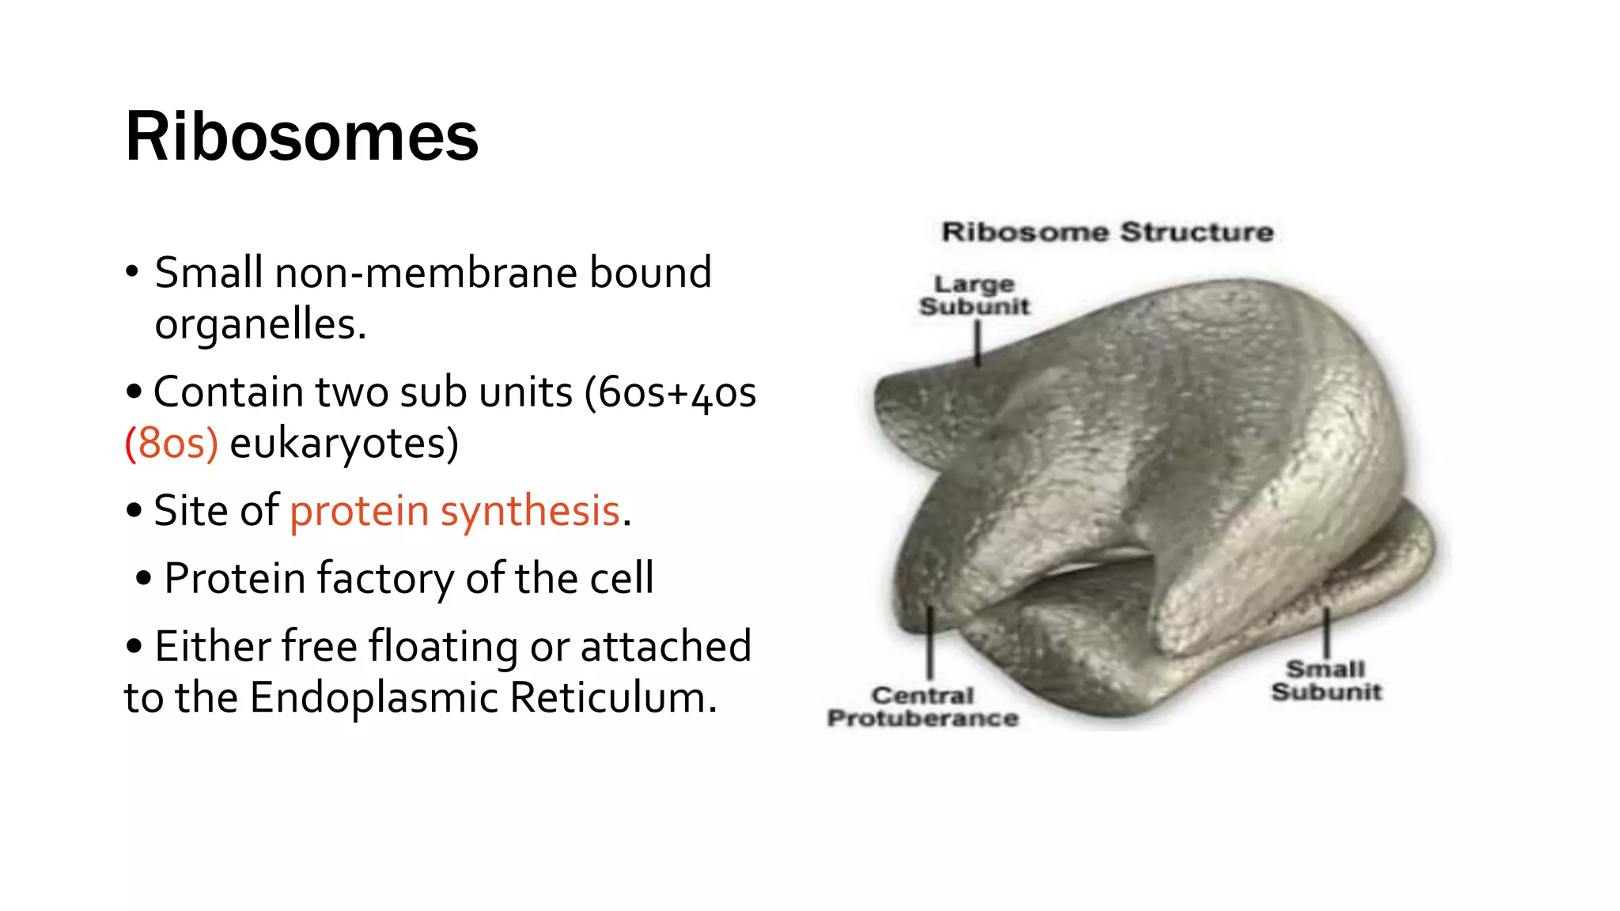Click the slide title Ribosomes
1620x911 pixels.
coord(301,137)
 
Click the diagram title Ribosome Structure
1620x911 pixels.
coord(1107,232)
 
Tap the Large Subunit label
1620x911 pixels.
coord(975,295)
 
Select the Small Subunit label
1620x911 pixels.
coord(1327,680)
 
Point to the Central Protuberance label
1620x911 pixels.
coord(922,707)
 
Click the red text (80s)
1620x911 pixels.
coord(172,443)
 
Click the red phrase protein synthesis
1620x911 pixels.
coord(454,511)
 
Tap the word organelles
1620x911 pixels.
coord(260,324)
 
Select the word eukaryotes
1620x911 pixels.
coord(343,443)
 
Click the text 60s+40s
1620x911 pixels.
coord(677,392)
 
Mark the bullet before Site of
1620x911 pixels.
coord(134,511)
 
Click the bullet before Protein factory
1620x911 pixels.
coord(143,578)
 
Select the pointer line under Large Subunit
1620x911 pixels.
coord(978,344)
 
